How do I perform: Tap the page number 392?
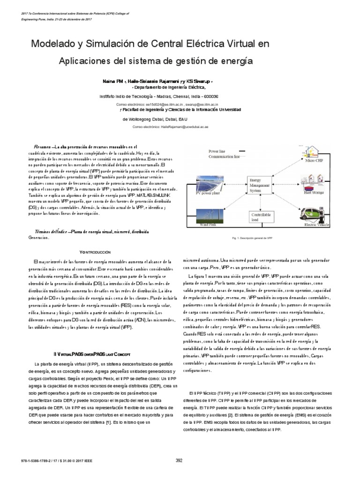[x=179, y=460]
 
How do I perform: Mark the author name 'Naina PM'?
[x=113, y=81]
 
